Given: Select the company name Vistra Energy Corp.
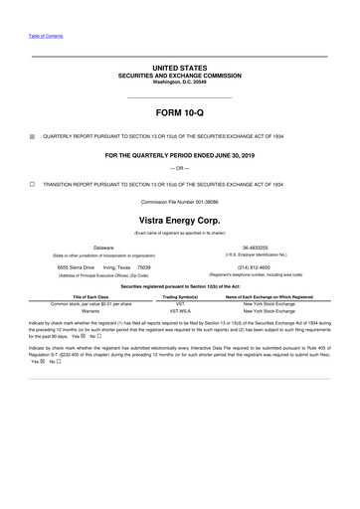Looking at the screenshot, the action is click(179, 218).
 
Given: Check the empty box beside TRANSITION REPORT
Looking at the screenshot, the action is click(33, 184).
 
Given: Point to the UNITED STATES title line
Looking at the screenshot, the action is click(179, 68).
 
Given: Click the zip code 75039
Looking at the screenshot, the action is click(143, 266).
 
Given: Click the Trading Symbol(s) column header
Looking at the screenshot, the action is click(180, 295).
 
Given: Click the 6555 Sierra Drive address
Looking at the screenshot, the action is click(76, 266).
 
